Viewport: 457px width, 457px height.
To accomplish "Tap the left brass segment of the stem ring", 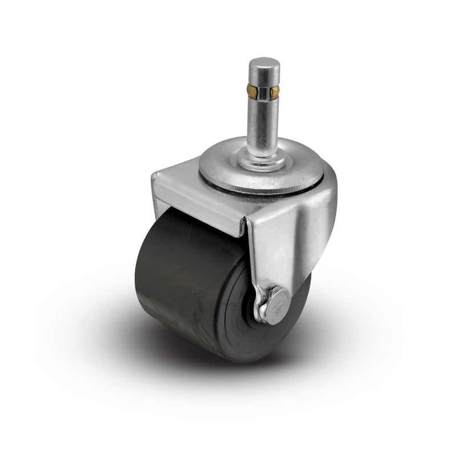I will (x=252, y=90).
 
